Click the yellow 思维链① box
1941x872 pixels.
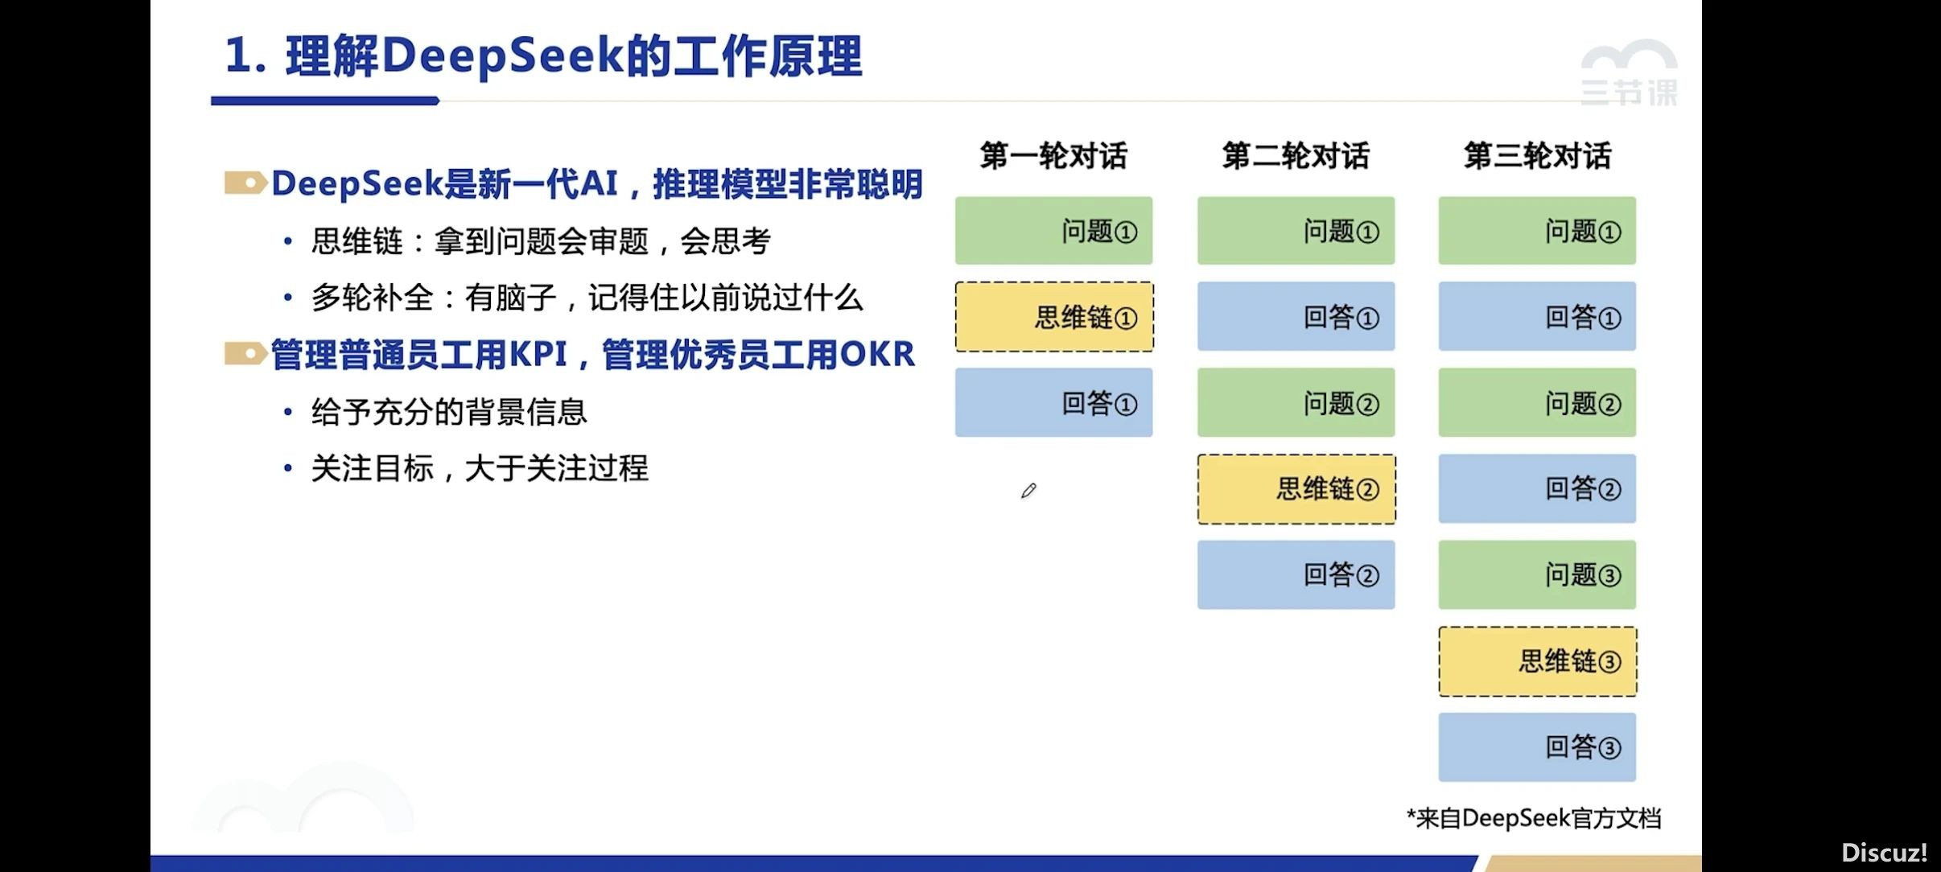1054,317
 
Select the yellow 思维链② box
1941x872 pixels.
1296,489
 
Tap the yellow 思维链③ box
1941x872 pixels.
1538,661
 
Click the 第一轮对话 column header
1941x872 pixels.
1053,155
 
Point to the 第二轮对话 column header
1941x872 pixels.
1296,155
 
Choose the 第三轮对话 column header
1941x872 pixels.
1537,155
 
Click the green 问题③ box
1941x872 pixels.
1537,574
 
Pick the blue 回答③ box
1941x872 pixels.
1537,747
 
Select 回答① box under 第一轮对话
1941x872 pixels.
1053,402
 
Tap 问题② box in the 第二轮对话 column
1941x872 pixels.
1296,402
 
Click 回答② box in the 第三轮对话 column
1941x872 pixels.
1537,488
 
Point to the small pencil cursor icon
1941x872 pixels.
1028,491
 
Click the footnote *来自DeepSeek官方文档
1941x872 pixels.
1534,818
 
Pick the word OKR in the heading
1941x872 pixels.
877,354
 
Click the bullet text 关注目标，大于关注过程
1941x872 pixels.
480,468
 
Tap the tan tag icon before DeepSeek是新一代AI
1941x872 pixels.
245,183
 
